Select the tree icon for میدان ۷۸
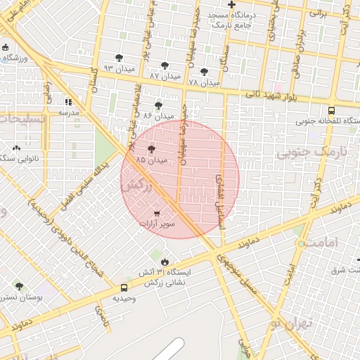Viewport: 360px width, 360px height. click(204, 72)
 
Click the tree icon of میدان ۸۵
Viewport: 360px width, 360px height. click(152, 149)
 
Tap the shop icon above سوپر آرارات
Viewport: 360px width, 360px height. click(156, 213)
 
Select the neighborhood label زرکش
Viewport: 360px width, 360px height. click(136, 186)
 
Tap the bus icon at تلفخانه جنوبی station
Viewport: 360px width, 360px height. click(331, 110)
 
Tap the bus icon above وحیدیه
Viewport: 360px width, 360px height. click(124, 287)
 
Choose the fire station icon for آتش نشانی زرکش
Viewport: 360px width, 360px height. click(165, 262)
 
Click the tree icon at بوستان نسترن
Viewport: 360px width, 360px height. click(19, 286)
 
